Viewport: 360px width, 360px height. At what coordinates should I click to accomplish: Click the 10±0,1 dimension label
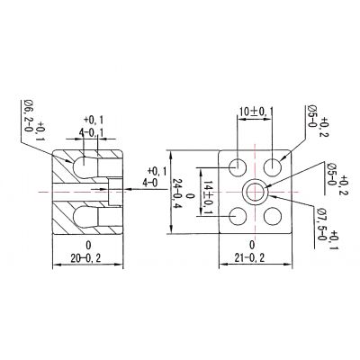(x=256, y=112)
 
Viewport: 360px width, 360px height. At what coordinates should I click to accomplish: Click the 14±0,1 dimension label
(x=208, y=197)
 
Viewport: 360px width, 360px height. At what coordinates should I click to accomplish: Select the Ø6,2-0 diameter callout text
(x=28, y=116)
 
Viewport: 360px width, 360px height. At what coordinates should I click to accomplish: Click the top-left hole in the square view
(x=238, y=167)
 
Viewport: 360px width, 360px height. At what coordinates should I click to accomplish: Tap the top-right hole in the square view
(x=273, y=166)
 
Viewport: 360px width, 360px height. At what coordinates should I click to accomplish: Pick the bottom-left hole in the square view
(x=238, y=216)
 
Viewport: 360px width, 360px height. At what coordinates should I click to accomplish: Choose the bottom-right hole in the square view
(x=273, y=216)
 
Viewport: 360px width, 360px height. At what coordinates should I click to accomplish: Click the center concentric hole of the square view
(x=256, y=191)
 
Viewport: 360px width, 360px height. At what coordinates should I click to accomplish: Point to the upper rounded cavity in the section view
(x=85, y=166)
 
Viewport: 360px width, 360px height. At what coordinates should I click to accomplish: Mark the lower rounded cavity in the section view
(x=85, y=217)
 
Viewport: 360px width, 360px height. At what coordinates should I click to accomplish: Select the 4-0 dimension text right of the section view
(x=150, y=183)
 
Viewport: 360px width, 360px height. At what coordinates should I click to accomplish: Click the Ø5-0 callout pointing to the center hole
(x=332, y=175)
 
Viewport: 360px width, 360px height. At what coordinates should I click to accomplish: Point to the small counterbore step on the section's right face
(x=115, y=192)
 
